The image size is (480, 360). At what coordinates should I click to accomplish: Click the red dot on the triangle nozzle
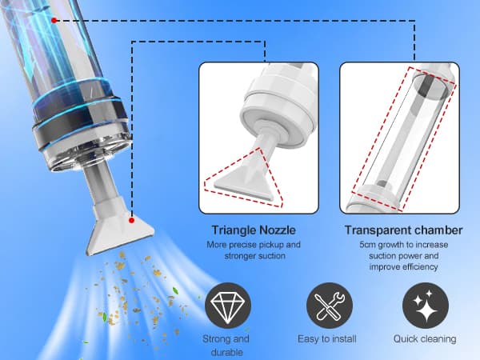click(x=132, y=221)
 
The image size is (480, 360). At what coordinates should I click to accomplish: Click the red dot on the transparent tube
click(x=54, y=21)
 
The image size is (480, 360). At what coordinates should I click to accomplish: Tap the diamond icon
click(x=228, y=306)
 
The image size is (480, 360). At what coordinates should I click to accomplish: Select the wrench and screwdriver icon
click(x=330, y=306)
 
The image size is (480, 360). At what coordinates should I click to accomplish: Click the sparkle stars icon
click(x=426, y=306)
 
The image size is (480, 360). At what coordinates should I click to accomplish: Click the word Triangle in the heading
click(x=234, y=230)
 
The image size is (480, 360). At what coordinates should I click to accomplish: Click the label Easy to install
click(x=327, y=339)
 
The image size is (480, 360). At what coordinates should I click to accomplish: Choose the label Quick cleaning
click(x=425, y=339)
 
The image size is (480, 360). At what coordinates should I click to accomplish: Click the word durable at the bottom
click(x=227, y=352)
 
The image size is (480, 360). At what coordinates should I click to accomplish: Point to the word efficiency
click(x=420, y=267)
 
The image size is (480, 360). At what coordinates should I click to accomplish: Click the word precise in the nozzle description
click(x=243, y=245)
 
